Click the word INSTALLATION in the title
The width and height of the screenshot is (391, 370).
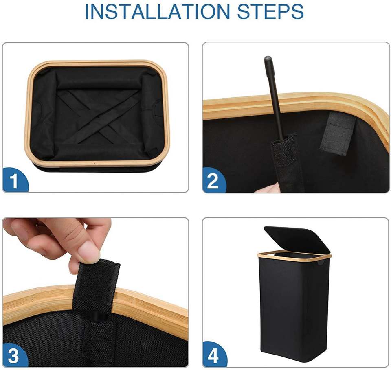point(157,12)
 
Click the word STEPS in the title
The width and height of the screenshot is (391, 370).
point(270,12)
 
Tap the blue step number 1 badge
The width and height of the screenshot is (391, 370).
point(15,180)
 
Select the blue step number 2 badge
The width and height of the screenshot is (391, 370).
point(214,180)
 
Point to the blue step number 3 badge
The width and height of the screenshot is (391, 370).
point(15,354)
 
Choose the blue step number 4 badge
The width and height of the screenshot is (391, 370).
point(214,354)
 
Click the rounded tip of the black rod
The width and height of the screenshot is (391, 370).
point(268,59)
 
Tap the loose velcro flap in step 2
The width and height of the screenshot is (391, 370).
point(338,134)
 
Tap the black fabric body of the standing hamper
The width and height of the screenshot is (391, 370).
point(294,311)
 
